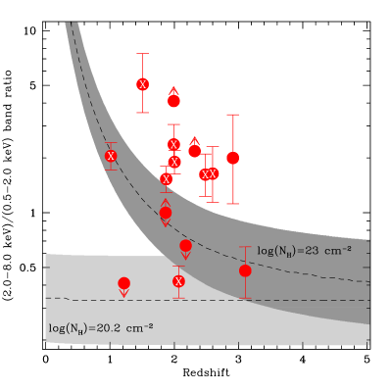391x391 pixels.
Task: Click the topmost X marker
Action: click(143, 84)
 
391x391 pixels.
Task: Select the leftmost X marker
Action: click(111, 156)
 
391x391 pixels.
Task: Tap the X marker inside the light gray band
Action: click(178, 281)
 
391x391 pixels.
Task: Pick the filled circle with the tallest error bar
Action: click(233, 158)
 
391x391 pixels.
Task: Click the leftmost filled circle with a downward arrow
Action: click(123, 283)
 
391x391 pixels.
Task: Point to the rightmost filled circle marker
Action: click(245, 270)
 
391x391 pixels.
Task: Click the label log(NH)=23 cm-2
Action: click(304, 251)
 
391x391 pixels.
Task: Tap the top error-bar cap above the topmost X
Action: click(143, 54)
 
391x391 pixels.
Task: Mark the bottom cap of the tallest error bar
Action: click(233, 204)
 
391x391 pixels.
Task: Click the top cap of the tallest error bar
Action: click(233, 115)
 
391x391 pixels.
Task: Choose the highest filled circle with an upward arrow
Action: click(174, 100)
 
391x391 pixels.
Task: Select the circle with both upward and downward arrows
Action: click(166, 213)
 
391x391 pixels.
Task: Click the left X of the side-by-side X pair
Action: click(205, 174)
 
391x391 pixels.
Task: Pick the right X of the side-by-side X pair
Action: click(213, 174)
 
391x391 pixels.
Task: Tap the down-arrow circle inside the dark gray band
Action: click(185, 245)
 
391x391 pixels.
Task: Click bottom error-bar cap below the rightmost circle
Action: click(245, 298)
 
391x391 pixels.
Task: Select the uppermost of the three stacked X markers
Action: click(174, 144)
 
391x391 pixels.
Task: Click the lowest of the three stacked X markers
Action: click(167, 179)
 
